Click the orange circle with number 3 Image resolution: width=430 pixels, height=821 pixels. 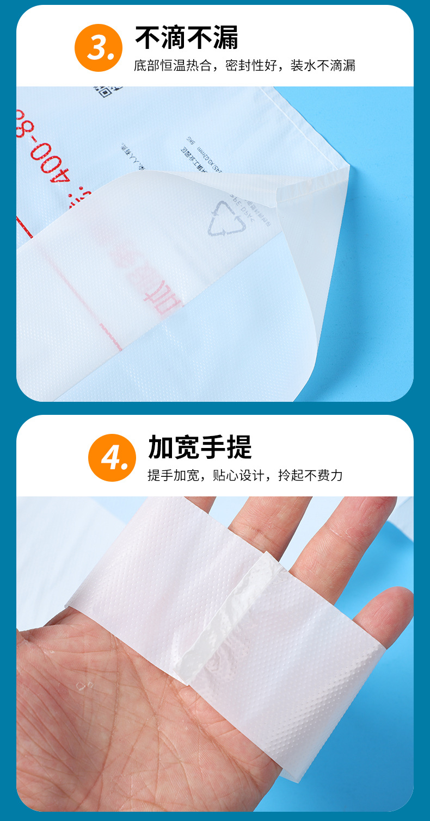pyautogui.click(x=99, y=48)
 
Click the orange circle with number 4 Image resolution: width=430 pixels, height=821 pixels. pyautogui.click(x=112, y=458)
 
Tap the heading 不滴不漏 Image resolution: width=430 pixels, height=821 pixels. pyautogui.click(x=187, y=38)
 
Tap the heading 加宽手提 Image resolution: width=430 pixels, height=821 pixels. pyautogui.click(x=200, y=447)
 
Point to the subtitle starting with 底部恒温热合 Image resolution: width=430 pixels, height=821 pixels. pyautogui.click(x=244, y=66)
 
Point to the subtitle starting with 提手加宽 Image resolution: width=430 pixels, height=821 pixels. pyautogui.click(x=245, y=475)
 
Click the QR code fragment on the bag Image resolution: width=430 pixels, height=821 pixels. pyautogui.click(x=101, y=89)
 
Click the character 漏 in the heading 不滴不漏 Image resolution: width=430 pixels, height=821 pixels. pyautogui.click(x=225, y=38)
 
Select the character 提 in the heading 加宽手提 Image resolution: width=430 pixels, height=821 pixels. pyautogui.click(x=239, y=447)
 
